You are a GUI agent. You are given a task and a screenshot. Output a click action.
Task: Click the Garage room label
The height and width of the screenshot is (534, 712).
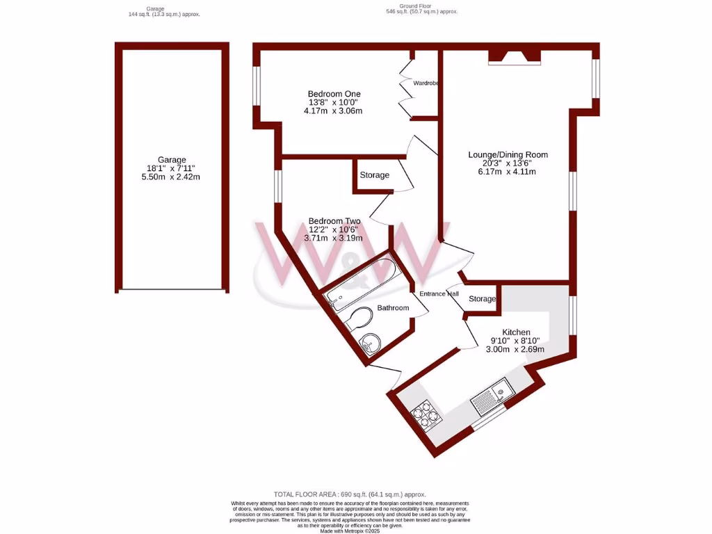(172, 159)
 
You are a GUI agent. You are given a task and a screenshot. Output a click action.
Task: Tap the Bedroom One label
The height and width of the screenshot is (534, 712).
(334, 94)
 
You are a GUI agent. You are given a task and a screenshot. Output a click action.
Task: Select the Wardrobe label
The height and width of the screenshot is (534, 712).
(425, 83)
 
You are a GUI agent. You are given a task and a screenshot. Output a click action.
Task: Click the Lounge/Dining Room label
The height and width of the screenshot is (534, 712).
(508, 155)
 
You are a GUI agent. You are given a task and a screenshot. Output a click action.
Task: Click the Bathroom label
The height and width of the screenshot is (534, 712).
(393, 307)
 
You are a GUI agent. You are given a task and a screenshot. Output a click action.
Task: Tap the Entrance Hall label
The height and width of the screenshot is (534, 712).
(439, 294)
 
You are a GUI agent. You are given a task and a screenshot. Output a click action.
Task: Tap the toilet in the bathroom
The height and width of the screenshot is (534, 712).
(359, 319)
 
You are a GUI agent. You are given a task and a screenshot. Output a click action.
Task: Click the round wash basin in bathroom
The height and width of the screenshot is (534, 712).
(370, 342)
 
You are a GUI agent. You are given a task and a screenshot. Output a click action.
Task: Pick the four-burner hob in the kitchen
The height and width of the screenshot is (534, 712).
(426, 415)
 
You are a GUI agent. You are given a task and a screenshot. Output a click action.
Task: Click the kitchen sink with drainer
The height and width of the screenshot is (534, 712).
(493, 396)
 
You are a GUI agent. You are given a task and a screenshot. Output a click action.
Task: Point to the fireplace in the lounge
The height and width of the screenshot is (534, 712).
(514, 58)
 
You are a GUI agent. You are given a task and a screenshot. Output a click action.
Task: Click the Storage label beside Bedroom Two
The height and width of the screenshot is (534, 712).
(374, 175)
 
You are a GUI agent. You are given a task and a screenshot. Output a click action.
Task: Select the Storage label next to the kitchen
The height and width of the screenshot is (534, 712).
(482, 299)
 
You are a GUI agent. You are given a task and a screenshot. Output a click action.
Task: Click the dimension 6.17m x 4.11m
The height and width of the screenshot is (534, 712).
(508, 172)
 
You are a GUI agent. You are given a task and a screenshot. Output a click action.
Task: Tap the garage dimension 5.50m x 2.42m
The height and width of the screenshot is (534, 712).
(172, 177)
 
